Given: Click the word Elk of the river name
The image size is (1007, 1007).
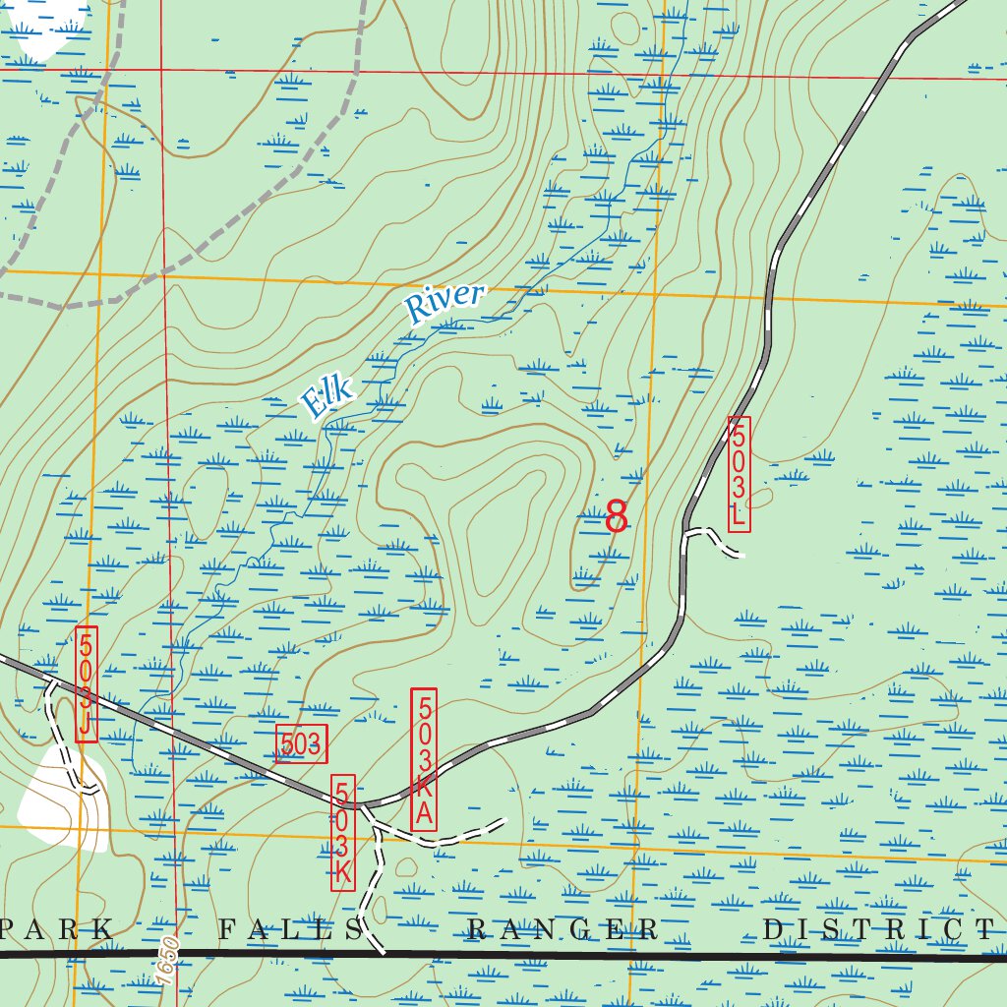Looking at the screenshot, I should [326, 397].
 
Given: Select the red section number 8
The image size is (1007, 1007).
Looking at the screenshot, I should [617, 515].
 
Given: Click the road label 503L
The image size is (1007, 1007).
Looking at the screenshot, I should [740, 474].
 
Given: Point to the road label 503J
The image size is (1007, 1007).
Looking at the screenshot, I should [87, 683].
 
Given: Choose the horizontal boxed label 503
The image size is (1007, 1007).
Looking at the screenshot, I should [301, 744].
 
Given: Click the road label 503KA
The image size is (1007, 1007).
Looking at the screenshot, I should [424, 759].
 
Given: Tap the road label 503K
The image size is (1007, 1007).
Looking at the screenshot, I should [343, 832].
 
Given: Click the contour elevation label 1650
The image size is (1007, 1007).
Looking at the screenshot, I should [168, 956].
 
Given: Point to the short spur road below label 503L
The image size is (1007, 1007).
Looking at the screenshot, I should [713, 537].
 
